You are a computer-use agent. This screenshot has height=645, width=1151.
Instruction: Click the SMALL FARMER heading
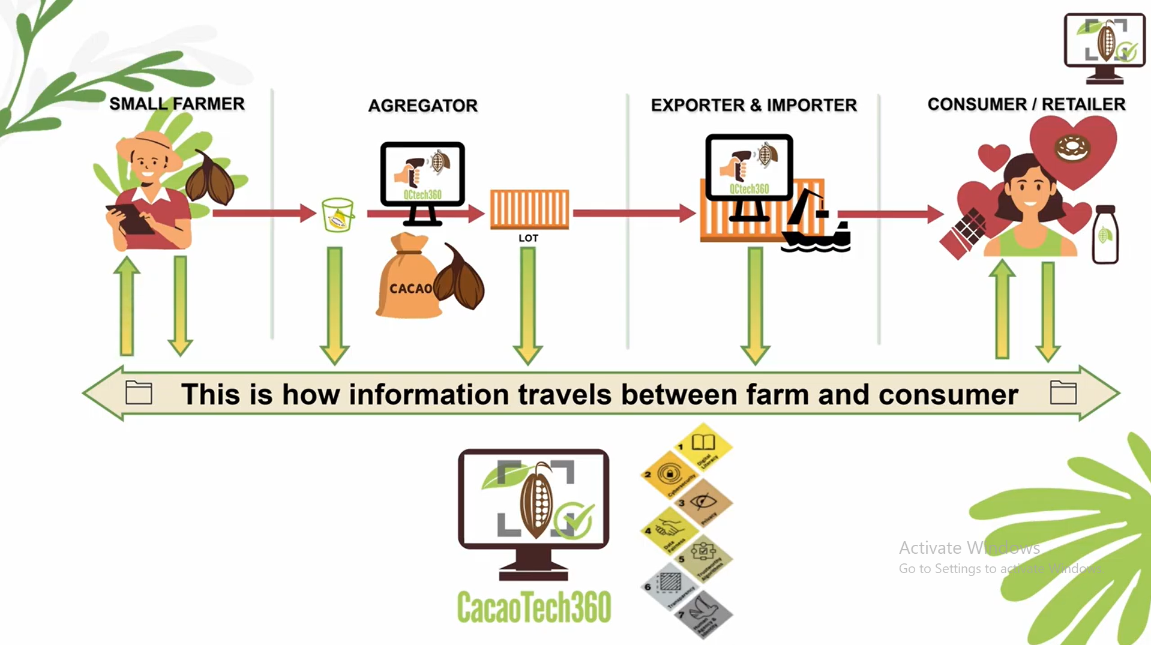point(176,104)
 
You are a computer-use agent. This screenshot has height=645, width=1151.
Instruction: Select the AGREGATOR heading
point(422,106)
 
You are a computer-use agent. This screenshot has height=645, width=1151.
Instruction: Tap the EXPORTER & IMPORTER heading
point(754,105)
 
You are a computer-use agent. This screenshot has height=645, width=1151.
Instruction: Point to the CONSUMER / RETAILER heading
point(1026,104)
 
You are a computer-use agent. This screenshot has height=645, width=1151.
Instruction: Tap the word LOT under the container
point(528,238)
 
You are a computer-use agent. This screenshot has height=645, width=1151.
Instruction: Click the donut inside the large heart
point(1072,148)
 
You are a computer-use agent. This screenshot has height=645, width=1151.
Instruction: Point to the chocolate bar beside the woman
point(964,234)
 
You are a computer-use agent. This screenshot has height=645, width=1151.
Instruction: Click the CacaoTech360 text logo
point(533,607)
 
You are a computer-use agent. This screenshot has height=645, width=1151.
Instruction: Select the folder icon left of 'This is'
point(139,393)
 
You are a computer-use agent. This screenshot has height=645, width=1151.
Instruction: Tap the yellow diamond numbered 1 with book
point(703,448)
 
